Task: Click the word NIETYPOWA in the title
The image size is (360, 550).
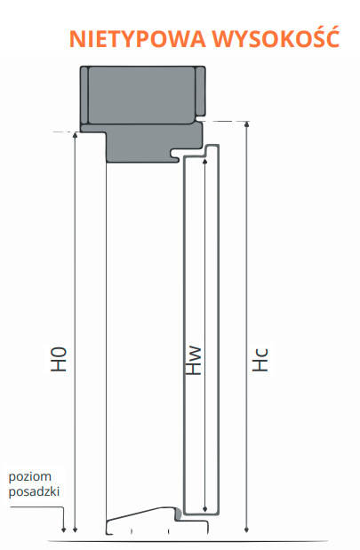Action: click(137, 38)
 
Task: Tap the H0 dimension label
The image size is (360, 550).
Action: click(59, 360)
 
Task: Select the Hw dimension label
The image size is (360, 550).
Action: click(194, 361)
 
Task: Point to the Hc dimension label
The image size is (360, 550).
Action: click(260, 360)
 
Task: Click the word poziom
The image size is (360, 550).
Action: click(30, 477)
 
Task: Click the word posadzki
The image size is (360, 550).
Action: click(34, 491)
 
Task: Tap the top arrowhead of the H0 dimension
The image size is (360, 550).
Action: click(75, 135)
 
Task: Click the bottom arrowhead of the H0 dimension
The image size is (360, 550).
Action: click(75, 530)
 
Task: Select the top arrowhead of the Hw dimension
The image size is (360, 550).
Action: click(205, 162)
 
